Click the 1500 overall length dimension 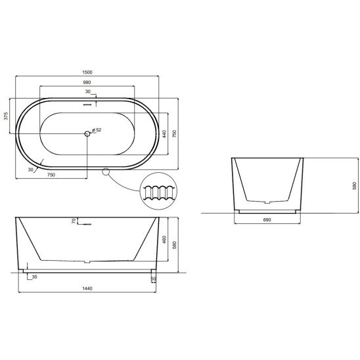(87, 72)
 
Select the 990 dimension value (87, 82)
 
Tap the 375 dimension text (6, 116)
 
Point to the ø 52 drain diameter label (97, 130)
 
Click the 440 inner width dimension (164, 134)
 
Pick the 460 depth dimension (164, 239)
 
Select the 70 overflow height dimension (74, 221)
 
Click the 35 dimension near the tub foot (34, 277)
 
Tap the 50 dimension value (153, 279)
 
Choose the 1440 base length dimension (87, 288)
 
